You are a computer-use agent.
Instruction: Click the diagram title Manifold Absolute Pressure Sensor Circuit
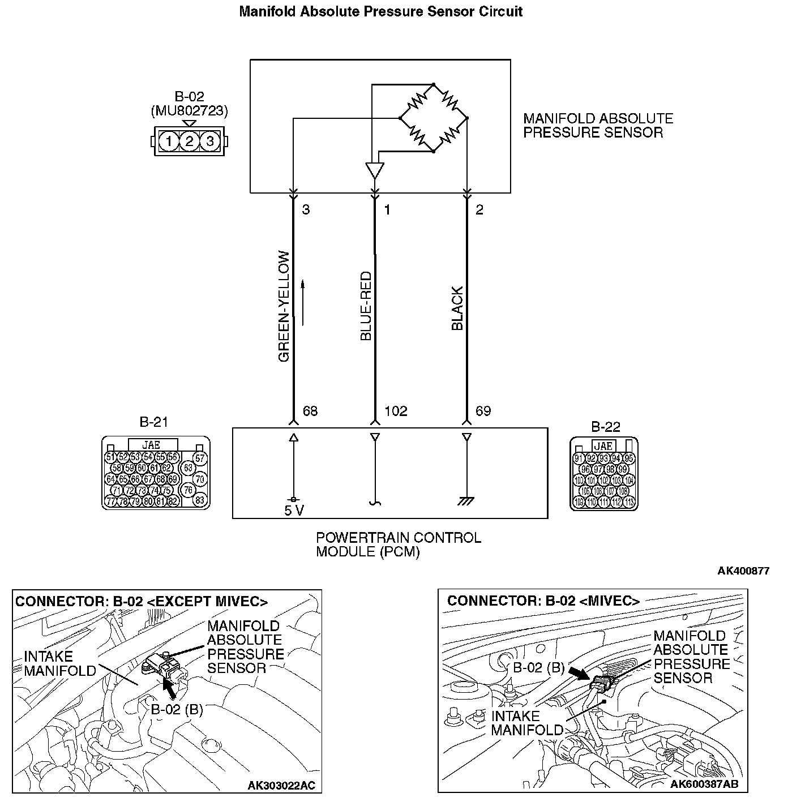pos(380,11)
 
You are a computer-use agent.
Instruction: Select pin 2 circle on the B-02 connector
pos(189,141)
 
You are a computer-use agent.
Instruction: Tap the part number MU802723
pos(190,111)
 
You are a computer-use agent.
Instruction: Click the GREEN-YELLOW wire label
pos(284,306)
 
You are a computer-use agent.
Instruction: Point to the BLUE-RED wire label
pos(366,306)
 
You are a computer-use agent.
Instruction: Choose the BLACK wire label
pos(457,308)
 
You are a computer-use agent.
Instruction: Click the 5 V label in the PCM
pos(294,511)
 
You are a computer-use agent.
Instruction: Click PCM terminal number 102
pos(396,411)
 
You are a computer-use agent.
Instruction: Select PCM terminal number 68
pos(310,411)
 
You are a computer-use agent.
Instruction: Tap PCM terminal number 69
pos(483,411)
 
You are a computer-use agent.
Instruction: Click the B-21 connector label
pos(153,422)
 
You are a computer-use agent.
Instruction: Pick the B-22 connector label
pos(606,427)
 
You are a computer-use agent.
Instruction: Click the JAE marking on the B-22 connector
pos(604,447)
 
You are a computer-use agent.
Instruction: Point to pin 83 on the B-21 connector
pos(200,500)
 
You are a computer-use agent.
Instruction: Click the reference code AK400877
pos(743,571)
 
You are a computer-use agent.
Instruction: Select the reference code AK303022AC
pos(281,786)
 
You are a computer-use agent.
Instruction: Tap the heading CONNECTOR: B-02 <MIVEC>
pos(543,601)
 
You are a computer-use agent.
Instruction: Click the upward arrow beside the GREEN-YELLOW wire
pos(303,302)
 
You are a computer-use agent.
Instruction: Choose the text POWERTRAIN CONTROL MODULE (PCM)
pos(398,545)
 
